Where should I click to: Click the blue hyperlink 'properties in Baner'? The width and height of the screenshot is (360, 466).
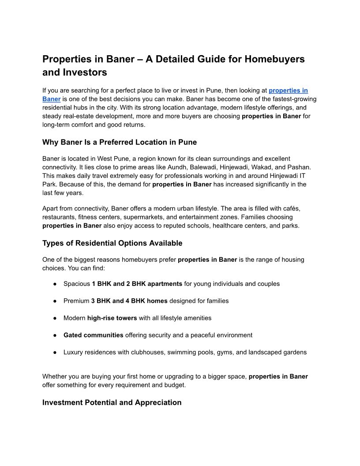(x=288, y=90)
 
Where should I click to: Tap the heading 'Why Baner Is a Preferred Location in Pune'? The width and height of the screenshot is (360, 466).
(x=120, y=142)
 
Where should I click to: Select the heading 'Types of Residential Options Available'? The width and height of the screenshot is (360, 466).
(x=112, y=243)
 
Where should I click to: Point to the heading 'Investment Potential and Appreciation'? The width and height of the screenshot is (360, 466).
(x=112, y=402)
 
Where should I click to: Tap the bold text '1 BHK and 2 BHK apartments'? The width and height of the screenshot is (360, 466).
(x=137, y=284)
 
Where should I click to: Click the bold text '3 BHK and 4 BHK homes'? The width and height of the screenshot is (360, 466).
(x=129, y=301)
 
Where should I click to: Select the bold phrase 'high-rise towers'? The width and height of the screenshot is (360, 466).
(x=112, y=318)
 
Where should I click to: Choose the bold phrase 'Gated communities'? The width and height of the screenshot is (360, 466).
(x=94, y=335)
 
